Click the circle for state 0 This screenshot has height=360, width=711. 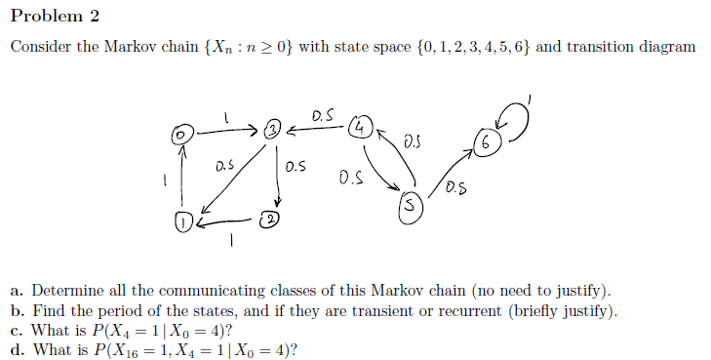pos(179,130)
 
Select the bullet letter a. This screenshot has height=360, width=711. pos(17,291)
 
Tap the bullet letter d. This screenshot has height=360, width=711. pos(17,349)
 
